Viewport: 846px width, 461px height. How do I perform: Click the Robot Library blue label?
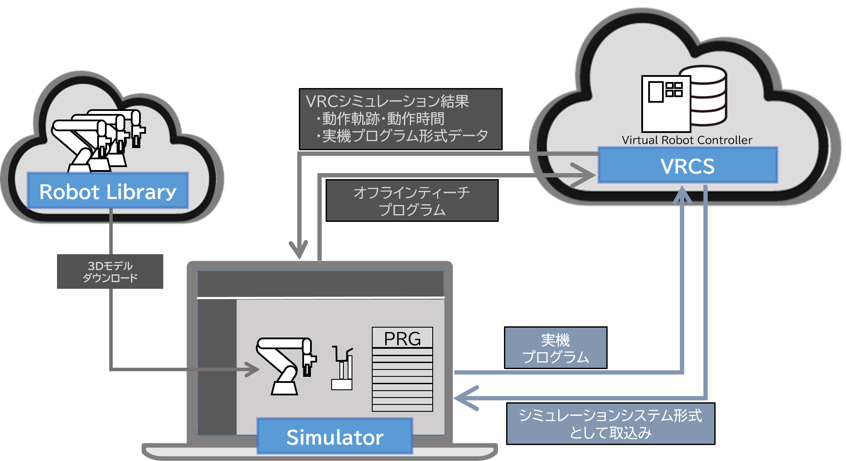(108, 191)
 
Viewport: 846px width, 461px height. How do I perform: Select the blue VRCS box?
(688, 165)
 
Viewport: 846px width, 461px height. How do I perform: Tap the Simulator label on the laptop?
(335, 436)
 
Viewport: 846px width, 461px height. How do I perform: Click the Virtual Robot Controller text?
(687, 140)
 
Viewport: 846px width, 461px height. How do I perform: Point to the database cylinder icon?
(708, 96)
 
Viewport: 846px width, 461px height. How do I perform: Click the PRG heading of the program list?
(402, 338)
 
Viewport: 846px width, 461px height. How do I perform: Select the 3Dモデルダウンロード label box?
(110, 272)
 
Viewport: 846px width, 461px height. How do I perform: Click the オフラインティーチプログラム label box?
(412, 201)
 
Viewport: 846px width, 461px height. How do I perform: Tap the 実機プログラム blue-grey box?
(555, 348)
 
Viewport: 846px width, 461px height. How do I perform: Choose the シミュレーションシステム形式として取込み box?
(610, 423)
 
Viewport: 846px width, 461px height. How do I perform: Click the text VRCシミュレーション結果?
(387, 101)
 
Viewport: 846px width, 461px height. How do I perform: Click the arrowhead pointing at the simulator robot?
(253, 369)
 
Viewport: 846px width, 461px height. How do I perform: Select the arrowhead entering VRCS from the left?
(585, 175)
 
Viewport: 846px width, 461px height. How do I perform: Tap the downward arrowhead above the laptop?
(298, 250)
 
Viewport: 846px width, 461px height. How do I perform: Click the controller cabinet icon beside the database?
(665, 104)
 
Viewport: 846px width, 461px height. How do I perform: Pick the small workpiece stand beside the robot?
(342, 369)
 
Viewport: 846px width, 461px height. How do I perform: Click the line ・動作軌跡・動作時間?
(383, 119)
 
